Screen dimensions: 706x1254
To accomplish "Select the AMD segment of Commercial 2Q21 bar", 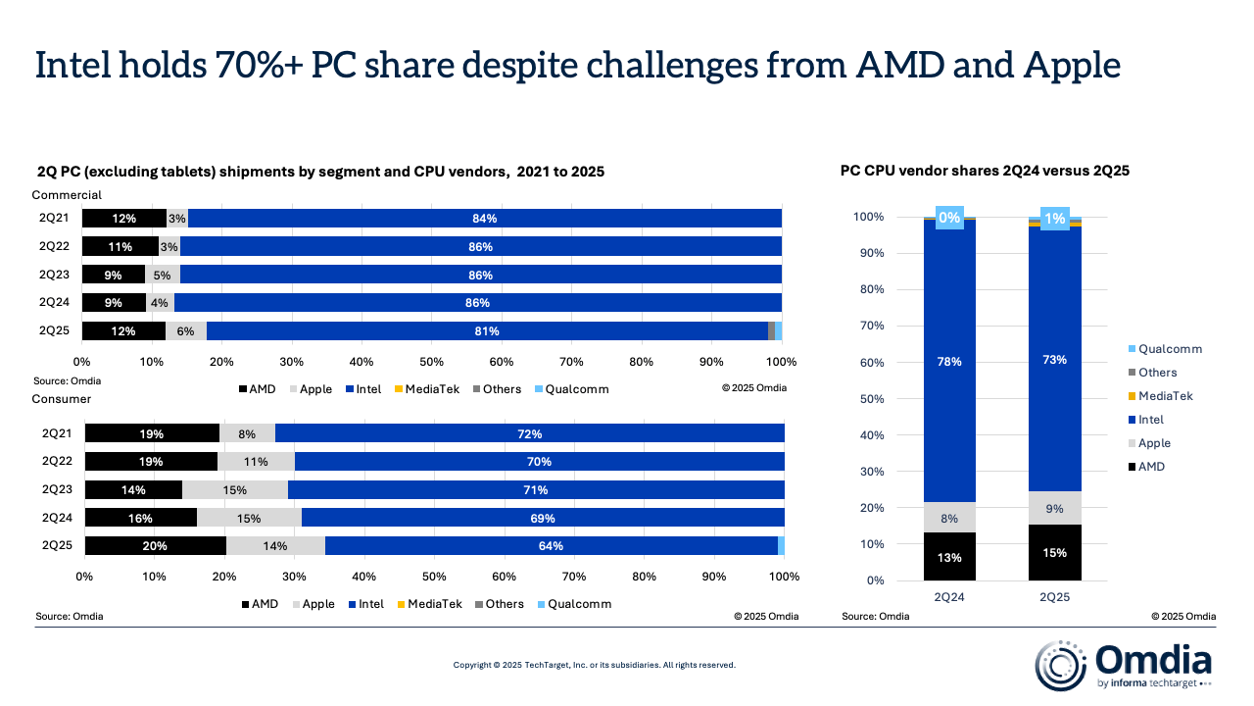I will (123, 219).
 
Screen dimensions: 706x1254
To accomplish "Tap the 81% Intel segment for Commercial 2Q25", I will (487, 331).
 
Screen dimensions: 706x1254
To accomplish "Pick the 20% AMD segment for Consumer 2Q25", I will (155, 546).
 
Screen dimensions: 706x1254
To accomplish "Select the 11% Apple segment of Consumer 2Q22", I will (256, 461).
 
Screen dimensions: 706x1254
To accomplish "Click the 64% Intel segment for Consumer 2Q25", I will (551, 546).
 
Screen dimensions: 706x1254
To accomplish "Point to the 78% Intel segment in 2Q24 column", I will (948, 362).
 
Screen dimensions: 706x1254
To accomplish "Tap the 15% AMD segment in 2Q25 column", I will (1054, 553).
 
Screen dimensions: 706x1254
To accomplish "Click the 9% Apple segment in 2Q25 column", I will (1054, 508).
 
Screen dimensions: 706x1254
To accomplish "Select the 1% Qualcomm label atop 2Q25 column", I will (1055, 219).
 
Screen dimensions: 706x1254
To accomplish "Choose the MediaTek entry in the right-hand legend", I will (1165, 396).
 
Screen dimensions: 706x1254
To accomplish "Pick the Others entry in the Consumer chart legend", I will (504, 604).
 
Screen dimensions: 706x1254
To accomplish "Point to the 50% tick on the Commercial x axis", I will (432, 362).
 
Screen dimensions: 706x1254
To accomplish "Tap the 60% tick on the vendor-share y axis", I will (871, 362).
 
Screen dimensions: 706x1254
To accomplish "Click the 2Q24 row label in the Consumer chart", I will (56, 518).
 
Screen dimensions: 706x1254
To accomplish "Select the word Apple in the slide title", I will (1071, 65).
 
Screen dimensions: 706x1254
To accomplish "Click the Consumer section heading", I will (62, 399).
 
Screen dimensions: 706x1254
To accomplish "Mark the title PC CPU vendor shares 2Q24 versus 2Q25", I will (985, 171).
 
